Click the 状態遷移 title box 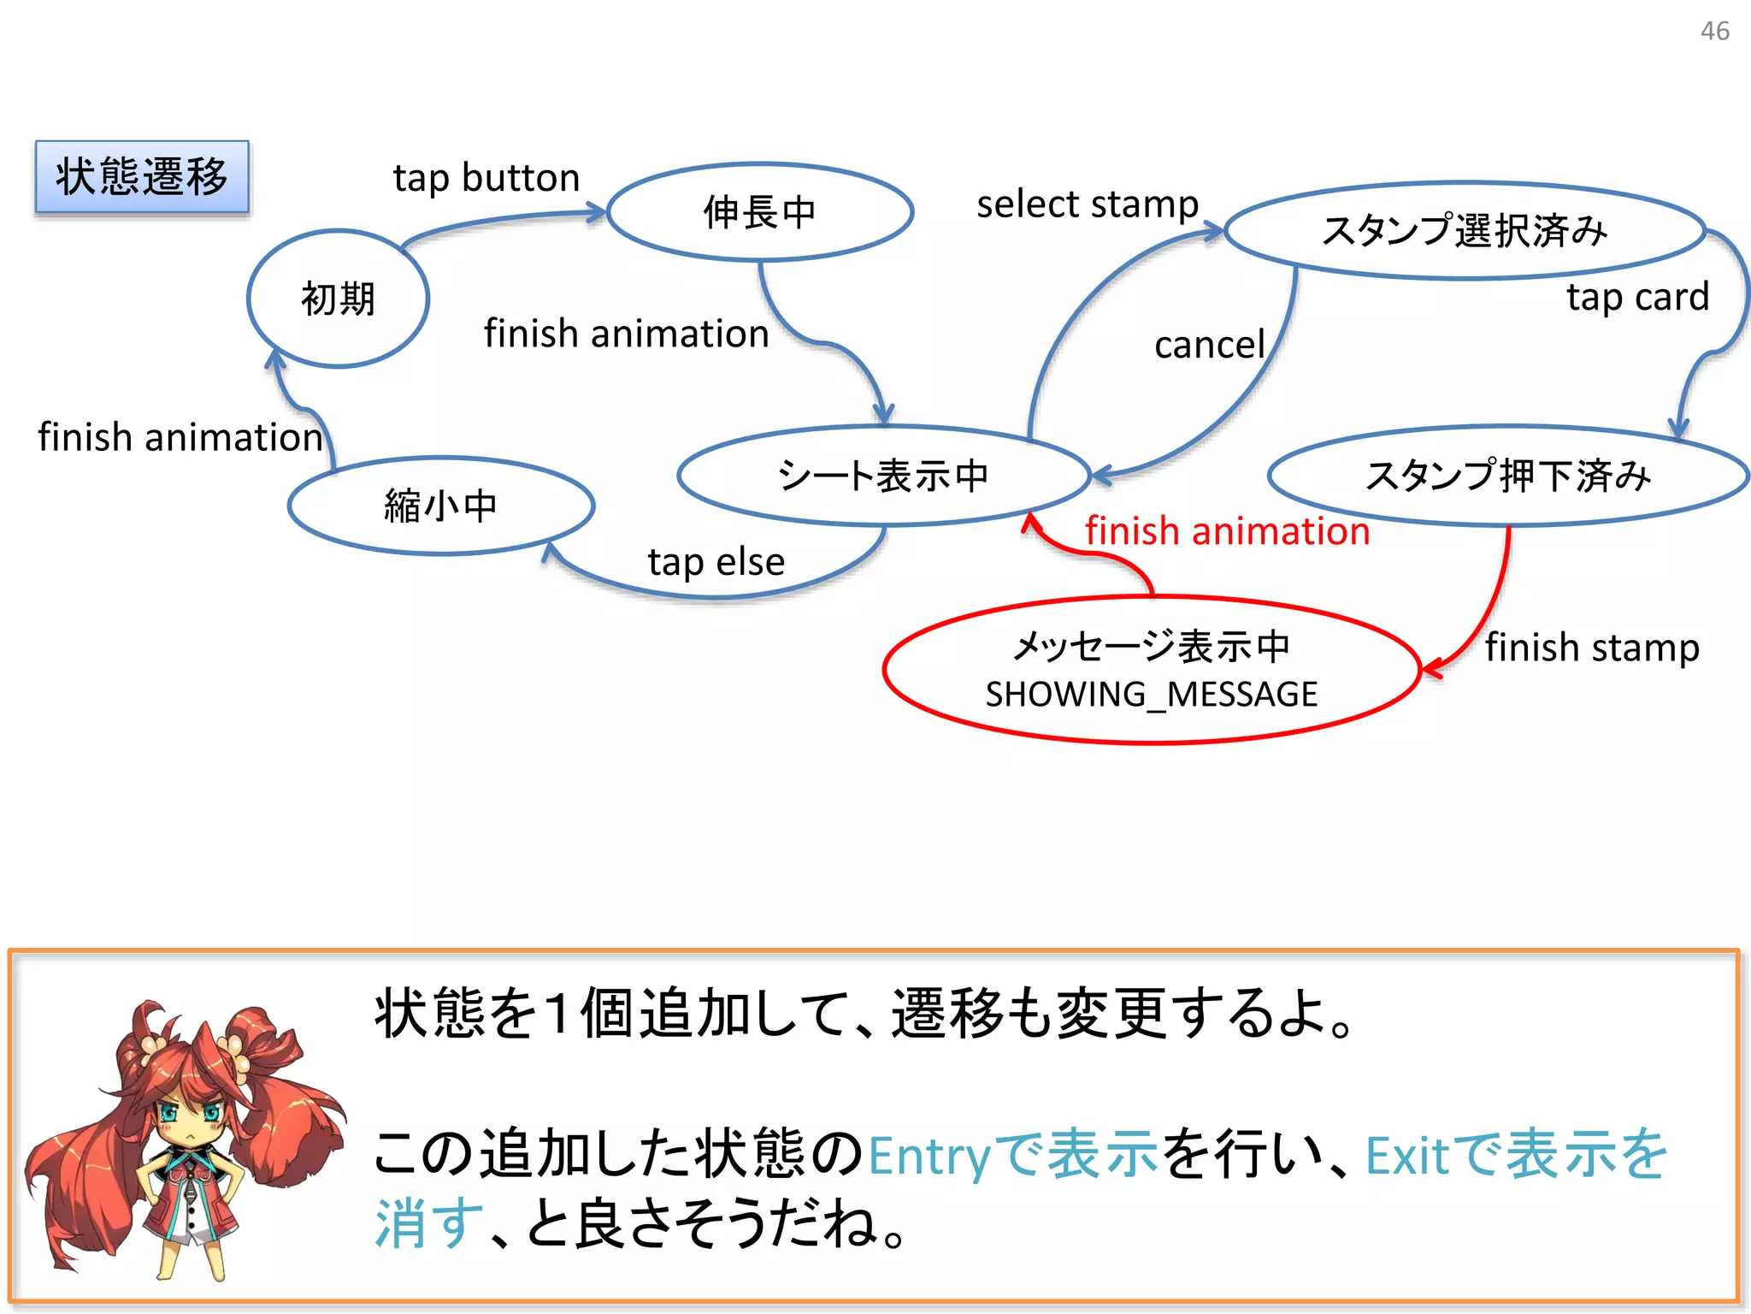coord(142,177)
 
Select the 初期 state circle coord(338,299)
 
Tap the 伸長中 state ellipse coord(759,211)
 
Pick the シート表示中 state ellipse coord(883,475)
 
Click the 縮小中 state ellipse coord(440,506)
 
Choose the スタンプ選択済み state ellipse coord(1465,230)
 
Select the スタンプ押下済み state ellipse coord(1507,475)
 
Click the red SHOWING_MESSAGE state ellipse coord(1151,669)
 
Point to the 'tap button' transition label coord(486,178)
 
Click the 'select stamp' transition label coord(1088,204)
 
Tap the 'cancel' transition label coord(1209,345)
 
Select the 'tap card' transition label coord(1637,297)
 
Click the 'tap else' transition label coord(716,562)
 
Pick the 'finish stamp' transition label coord(1592,648)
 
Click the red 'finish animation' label coord(1228,531)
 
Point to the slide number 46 coord(1714,32)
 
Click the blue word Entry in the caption coord(928,1157)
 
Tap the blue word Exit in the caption coord(1406,1157)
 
